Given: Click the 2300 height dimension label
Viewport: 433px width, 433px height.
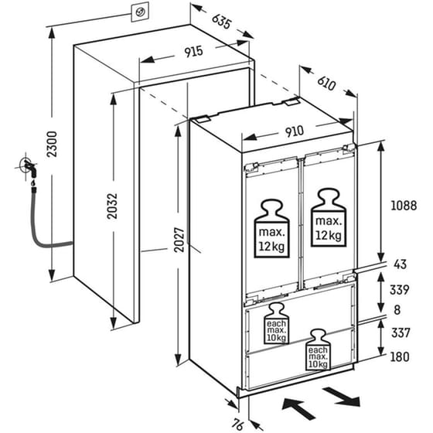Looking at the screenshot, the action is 52,144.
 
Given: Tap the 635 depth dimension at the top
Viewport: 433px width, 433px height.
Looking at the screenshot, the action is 221,21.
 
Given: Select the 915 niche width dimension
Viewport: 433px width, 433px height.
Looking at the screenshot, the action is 193,52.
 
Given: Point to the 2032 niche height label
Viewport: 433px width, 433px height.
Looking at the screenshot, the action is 112,206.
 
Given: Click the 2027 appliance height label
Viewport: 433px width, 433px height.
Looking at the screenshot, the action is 179,240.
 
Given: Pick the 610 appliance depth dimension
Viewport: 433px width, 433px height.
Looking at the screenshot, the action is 326,83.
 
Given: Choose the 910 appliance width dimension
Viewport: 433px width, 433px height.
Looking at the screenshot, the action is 295,131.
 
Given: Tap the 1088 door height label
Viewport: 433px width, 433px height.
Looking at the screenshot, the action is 404,206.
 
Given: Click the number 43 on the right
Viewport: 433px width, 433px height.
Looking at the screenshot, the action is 401,264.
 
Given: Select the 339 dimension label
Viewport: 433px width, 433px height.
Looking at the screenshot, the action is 399,290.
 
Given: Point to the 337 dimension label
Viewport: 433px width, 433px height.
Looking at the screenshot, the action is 401,332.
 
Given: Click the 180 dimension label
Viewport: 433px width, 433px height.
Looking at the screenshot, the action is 400,356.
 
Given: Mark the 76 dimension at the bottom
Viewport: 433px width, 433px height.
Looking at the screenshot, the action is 237,424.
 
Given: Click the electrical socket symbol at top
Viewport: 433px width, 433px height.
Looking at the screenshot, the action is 140,12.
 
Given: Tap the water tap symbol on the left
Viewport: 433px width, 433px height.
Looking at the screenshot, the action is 29,168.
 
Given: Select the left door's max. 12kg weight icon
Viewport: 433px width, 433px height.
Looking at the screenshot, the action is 271,229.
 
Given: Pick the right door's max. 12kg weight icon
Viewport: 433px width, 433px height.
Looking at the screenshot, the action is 329,217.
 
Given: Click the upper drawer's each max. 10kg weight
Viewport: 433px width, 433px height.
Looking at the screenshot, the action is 277,323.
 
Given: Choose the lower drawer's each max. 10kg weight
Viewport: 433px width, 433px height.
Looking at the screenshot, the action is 318,349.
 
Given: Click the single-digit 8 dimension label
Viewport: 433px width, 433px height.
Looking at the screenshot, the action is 397,310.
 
